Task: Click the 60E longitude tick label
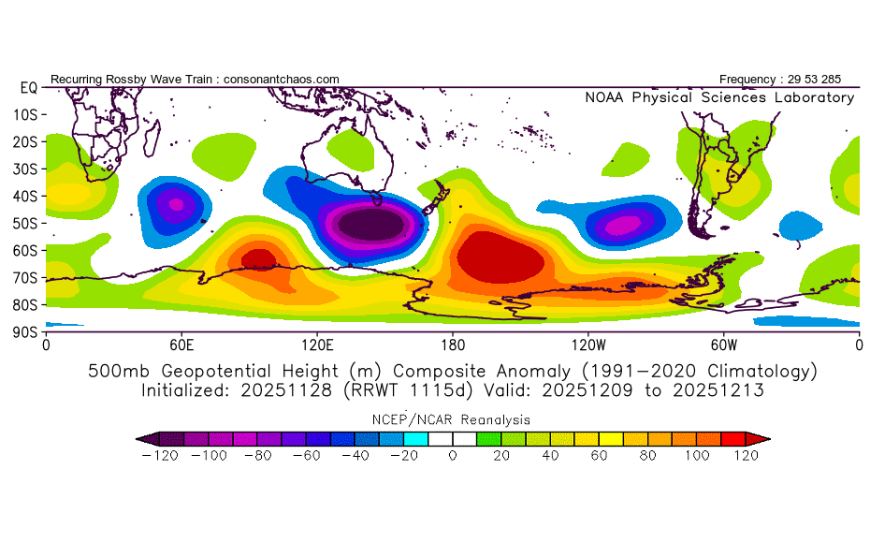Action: tap(181, 345)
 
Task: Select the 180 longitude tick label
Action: tap(453, 345)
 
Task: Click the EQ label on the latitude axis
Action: tap(28, 87)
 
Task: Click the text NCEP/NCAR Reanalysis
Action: tap(453, 420)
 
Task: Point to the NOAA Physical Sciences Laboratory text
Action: tap(719, 97)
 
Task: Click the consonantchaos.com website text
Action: tap(282, 80)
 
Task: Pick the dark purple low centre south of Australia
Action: tap(373, 226)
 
